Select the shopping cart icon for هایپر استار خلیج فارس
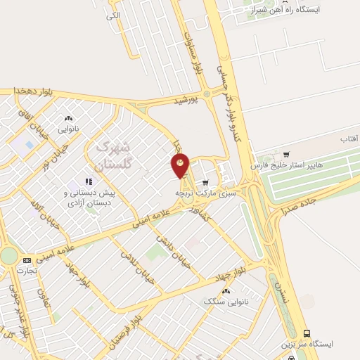coord(285,155)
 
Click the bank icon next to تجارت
coord(27,260)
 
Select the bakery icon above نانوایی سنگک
coord(226,290)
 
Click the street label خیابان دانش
coord(174,246)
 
